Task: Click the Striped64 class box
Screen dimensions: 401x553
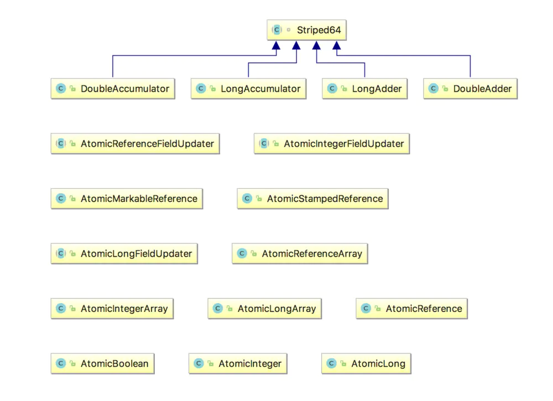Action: pyautogui.click(x=307, y=30)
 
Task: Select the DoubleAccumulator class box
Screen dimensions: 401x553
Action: pyautogui.click(x=113, y=88)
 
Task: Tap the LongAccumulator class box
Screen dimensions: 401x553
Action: pyautogui.click(x=248, y=88)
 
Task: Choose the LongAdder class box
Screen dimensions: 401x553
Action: pyautogui.click(x=364, y=88)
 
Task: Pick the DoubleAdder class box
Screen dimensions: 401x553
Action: pyautogui.click(x=470, y=88)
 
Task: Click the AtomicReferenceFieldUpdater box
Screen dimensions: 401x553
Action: pyautogui.click(x=135, y=144)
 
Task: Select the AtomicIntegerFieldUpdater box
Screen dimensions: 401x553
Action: pyautogui.click(x=332, y=144)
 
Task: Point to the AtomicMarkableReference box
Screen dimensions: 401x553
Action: pyautogui.click(x=127, y=199)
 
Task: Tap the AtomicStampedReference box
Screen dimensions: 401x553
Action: pyautogui.click(x=312, y=199)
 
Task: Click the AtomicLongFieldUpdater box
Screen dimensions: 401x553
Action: pyautogui.click(x=124, y=254)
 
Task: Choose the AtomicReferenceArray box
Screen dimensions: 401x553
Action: pyautogui.click(x=300, y=254)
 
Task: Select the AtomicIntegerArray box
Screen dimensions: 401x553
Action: pyautogui.click(x=112, y=309)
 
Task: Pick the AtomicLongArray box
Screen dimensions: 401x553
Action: pyautogui.click(x=264, y=309)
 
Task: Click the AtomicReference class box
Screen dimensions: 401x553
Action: pyautogui.click(x=411, y=309)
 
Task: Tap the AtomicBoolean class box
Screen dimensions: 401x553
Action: pyautogui.click(x=102, y=363)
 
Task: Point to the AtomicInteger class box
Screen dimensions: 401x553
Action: pyautogui.click(x=238, y=363)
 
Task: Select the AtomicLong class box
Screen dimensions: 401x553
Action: pyautogui.click(x=366, y=363)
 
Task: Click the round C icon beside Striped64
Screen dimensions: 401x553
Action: pyautogui.click(x=277, y=30)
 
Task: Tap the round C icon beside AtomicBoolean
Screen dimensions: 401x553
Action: pyautogui.click(x=61, y=363)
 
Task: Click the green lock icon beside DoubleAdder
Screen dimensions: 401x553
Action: pyautogui.click(x=445, y=89)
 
